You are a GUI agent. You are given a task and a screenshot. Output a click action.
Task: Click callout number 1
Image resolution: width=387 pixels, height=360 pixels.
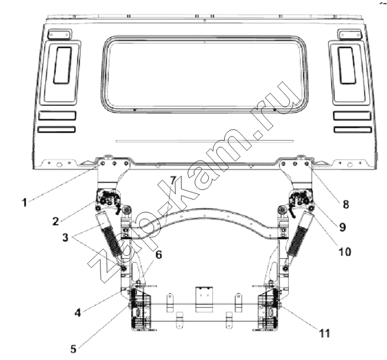(24, 203)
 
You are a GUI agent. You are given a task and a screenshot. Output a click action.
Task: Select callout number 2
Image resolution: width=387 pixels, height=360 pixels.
(56, 221)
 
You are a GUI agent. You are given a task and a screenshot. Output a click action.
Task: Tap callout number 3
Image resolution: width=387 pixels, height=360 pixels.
(65, 237)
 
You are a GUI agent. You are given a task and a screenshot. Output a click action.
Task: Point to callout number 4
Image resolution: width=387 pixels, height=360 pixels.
(78, 313)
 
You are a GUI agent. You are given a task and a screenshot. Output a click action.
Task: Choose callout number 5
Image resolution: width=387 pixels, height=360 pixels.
(74, 349)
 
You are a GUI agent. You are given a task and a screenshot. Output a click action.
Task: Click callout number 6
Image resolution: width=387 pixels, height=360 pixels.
(158, 255)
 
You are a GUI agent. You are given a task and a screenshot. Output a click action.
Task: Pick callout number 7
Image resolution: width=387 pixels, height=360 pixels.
(173, 181)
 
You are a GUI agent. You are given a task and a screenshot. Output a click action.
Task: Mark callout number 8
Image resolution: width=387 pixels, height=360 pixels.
(346, 204)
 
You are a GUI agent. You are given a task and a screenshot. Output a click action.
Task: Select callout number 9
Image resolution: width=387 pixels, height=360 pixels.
(342, 227)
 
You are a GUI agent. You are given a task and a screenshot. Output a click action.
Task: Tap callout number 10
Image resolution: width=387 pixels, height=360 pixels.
(345, 252)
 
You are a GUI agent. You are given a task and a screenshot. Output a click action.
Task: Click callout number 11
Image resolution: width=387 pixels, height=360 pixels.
(325, 334)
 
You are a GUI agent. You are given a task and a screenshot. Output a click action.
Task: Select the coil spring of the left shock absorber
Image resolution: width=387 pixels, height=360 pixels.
(112, 242)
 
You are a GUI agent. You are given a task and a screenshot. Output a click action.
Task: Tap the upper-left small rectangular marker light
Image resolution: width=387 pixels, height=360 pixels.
(59, 34)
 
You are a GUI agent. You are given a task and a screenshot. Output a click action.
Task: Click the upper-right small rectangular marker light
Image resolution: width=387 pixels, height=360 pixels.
(349, 34)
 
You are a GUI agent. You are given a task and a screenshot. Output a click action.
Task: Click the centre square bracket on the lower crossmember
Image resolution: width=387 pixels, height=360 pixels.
(204, 299)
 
